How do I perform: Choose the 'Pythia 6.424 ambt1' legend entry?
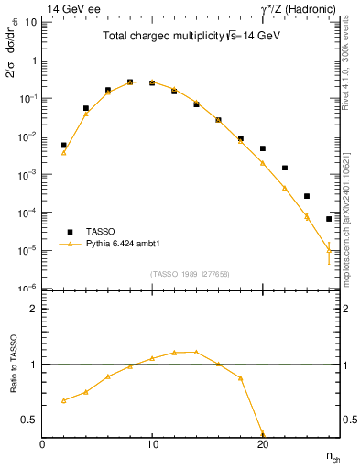125,245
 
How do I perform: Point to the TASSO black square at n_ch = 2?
64,145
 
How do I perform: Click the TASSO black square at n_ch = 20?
263,148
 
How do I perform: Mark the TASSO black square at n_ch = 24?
307,196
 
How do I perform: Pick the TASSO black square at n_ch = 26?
329,219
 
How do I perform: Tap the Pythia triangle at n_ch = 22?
285,188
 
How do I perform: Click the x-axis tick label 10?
152,443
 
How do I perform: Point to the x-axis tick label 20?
263,443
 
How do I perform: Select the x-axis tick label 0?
42,443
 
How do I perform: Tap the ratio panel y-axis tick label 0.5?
30,420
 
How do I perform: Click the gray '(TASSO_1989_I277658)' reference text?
191,273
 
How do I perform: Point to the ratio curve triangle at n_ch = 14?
196,352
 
